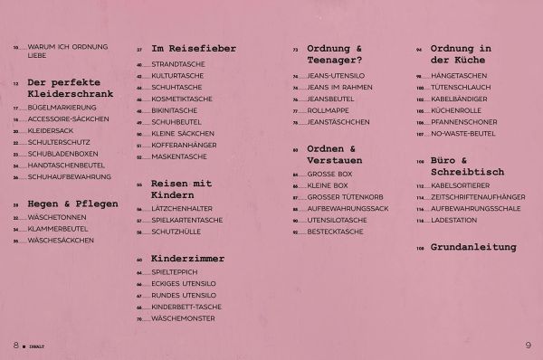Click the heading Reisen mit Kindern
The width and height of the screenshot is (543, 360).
(x=182, y=189)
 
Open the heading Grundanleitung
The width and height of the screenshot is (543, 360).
(x=472, y=247)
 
